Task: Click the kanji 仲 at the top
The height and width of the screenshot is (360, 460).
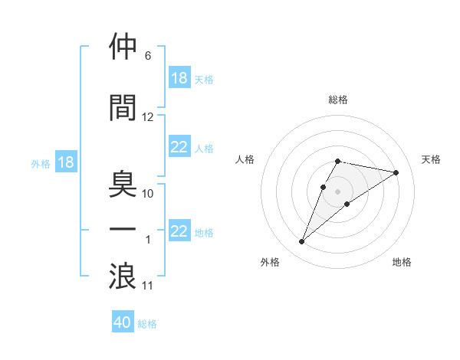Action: (123, 47)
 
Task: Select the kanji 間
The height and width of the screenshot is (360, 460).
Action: (123, 107)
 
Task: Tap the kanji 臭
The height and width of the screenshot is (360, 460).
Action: (123, 185)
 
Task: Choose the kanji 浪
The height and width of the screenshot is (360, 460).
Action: (123, 277)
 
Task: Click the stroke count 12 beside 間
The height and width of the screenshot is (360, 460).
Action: (148, 117)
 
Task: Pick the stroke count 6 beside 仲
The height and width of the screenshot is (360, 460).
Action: (148, 56)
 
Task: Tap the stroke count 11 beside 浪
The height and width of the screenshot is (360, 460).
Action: (148, 286)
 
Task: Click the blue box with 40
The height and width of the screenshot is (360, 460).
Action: (123, 323)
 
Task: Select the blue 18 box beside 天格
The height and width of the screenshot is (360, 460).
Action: (179, 79)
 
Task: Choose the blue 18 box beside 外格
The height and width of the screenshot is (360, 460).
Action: (65, 163)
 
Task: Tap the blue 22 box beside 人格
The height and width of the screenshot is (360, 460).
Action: (179, 148)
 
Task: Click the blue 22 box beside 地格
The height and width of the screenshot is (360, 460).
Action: (179, 232)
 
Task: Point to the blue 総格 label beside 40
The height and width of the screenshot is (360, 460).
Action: (147, 324)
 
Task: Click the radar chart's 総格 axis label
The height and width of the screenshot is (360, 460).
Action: (338, 100)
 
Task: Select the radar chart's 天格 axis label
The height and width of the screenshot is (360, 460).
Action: (432, 159)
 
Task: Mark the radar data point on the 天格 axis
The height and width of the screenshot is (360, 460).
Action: (396, 172)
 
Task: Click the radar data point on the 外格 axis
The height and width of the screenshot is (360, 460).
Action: (302, 242)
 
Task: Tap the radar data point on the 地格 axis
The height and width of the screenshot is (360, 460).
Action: (347, 204)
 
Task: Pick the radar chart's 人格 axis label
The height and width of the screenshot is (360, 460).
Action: (245, 159)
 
